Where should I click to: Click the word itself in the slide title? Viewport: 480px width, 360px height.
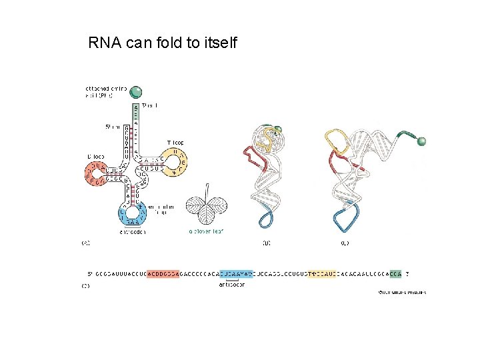tap(216, 44)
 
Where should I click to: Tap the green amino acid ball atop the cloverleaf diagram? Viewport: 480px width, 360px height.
tap(136, 92)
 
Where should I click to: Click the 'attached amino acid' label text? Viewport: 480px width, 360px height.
tap(99, 91)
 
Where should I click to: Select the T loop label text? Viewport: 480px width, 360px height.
tap(175, 143)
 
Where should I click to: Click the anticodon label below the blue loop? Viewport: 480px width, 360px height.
tap(134, 232)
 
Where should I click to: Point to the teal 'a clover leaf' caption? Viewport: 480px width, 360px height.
tap(205, 231)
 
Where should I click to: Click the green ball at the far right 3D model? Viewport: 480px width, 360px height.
tap(421, 141)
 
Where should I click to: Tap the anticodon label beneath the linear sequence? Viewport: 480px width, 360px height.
tap(231, 285)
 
